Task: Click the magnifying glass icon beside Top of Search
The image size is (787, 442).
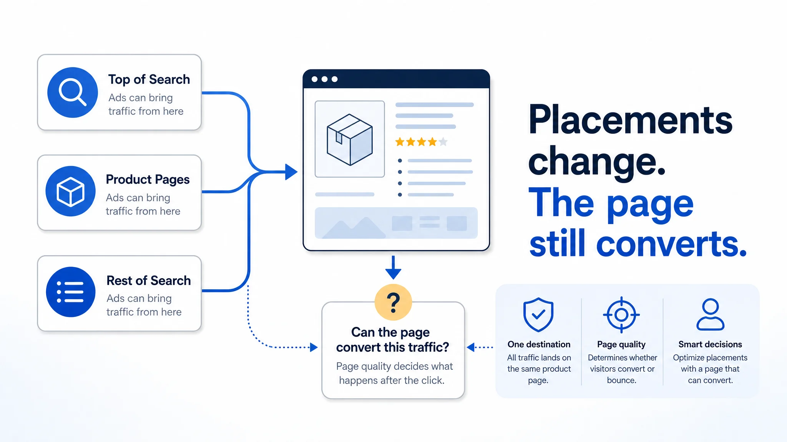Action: (x=72, y=92)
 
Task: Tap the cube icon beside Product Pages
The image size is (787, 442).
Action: (x=70, y=191)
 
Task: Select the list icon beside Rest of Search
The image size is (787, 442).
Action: (x=71, y=292)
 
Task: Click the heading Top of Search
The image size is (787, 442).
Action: (x=149, y=79)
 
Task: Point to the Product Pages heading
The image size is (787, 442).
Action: (x=148, y=180)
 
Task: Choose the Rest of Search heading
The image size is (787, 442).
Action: (x=149, y=280)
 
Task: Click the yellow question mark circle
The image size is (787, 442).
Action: (x=393, y=302)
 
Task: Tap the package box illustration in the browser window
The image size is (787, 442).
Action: (x=350, y=139)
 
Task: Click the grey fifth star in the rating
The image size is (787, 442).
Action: (x=443, y=142)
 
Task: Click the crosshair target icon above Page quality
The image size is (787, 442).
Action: (x=621, y=315)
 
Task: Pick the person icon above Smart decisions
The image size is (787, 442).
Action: (x=710, y=314)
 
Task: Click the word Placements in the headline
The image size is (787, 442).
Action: (x=630, y=120)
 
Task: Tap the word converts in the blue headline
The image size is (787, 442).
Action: (x=671, y=244)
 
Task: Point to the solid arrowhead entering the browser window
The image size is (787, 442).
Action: (x=291, y=172)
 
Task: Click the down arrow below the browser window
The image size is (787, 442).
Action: (x=393, y=267)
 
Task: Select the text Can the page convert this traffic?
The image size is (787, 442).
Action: (x=392, y=340)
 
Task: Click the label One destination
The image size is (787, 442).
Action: (x=539, y=344)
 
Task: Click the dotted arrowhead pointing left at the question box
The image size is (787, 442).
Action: (x=470, y=347)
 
